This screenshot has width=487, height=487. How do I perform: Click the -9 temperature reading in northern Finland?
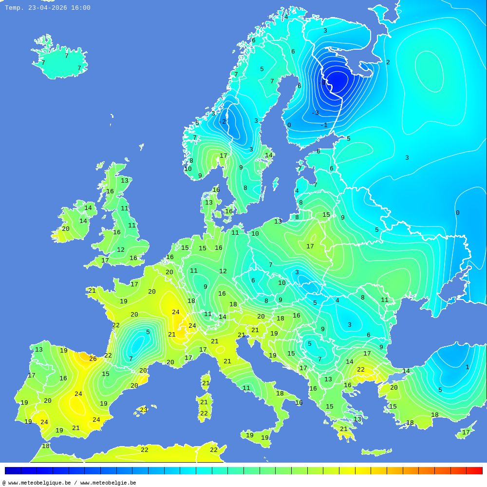[x=322, y=83]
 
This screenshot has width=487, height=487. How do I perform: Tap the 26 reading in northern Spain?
[x=93, y=359]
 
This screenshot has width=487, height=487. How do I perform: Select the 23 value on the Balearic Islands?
[x=143, y=410]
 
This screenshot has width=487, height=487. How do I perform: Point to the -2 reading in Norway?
[x=222, y=122]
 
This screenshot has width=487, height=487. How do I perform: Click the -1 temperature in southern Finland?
[x=324, y=125]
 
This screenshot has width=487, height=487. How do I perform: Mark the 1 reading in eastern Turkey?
[x=467, y=367]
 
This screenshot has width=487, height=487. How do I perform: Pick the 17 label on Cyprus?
[x=466, y=432]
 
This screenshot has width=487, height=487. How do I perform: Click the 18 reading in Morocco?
[x=45, y=446]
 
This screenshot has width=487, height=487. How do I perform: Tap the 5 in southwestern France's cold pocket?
[x=148, y=332]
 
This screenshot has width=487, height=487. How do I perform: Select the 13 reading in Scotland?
[x=125, y=181]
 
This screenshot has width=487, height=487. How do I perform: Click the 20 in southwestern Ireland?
[x=65, y=229]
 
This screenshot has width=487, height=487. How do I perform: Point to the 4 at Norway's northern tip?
[x=286, y=17]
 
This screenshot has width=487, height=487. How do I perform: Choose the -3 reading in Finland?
[x=315, y=113]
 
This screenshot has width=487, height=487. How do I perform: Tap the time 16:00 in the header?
[x=81, y=8]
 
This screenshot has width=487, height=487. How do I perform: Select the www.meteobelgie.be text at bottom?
[x=108, y=483]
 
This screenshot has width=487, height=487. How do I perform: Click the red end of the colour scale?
[x=475, y=470]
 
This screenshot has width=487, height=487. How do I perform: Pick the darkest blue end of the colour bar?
[x=13, y=470]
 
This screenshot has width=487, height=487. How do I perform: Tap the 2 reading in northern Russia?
[x=388, y=62]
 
